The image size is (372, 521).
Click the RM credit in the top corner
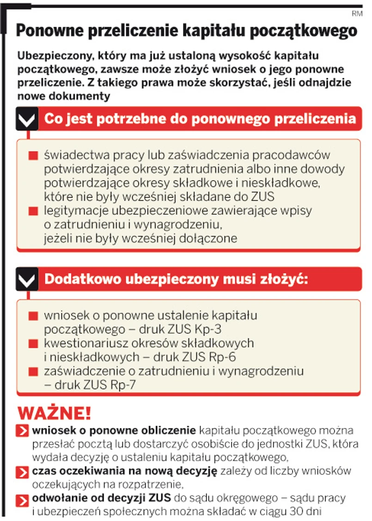tap(357, 14)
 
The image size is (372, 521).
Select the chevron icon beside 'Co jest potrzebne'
tap(27, 120)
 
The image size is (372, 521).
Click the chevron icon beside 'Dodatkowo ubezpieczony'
tap(27, 280)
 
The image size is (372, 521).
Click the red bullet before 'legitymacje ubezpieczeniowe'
tap(32, 211)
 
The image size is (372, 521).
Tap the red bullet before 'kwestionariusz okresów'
tap(32, 344)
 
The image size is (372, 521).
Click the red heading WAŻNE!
tap(55, 412)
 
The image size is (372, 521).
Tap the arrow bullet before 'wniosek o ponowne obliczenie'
tap(22, 431)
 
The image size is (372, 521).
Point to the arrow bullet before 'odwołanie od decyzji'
tap(22, 499)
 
